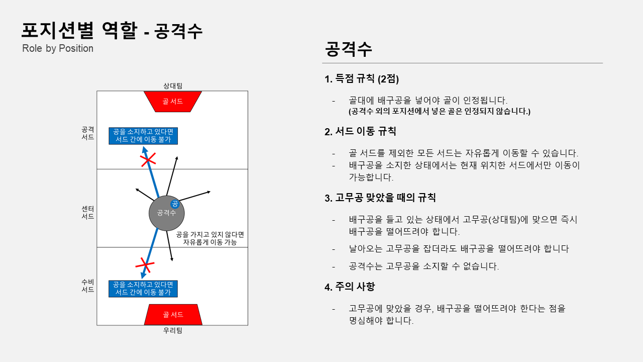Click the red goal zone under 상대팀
[x=172, y=101]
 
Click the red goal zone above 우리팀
[x=173, y=314]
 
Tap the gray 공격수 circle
[x=166, y=213]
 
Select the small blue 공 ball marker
[x=175, y=204]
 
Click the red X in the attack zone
[x=147, y=160]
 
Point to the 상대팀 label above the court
[x=172, y=86]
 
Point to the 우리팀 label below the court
[x=172, y=330]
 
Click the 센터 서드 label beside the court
[x=87, y=212]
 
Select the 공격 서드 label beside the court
[x=87, y=133]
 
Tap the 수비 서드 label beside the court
[x=87, y=286]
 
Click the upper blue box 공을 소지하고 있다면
[x=143, y=136]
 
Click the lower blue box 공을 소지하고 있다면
[x=143, y=289]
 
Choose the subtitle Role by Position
[x=58, y=48]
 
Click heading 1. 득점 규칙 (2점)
[x=362, y=79]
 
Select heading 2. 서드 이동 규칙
[x=360, y=132]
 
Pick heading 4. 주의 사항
[x=350, y=287]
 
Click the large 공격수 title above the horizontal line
[x=348, y=49]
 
